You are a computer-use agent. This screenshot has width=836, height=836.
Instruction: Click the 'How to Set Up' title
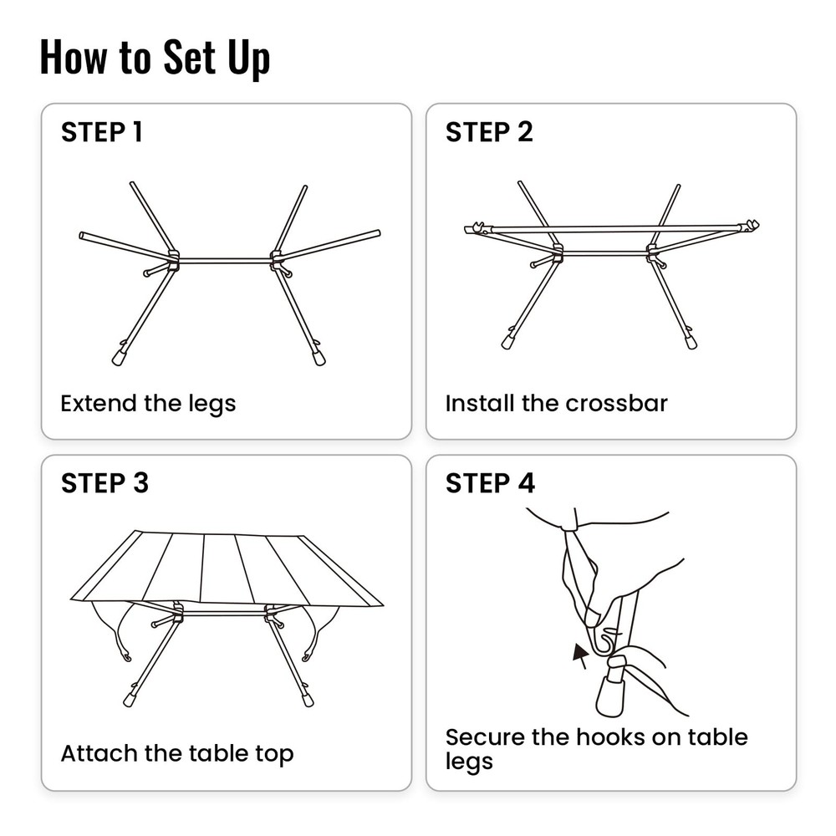tap(155, 59)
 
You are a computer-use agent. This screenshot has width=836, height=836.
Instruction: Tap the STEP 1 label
tap(101, 132)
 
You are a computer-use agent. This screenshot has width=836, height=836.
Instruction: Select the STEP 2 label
tap(489, 132)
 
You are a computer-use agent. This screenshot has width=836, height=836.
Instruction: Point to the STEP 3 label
tap(104, 483)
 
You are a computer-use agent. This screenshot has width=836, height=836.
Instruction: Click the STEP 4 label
tap(490, 483)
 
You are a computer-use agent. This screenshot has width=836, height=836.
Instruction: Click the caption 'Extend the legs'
tap(148, 404)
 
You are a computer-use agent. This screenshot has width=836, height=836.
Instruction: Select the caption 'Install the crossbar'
tap(556, 404)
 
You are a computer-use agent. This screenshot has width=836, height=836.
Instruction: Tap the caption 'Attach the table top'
tap(176, 754)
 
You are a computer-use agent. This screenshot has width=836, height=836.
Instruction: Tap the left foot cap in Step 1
tap(120, 357)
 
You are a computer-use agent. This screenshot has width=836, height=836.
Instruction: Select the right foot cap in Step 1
tap(319, 358)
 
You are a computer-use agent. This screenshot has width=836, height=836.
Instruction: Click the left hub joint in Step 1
tap(173, 260)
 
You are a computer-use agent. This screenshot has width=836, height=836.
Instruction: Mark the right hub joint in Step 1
tap(277, 260)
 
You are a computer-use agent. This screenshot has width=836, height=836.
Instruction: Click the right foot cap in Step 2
tap(691, 341)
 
